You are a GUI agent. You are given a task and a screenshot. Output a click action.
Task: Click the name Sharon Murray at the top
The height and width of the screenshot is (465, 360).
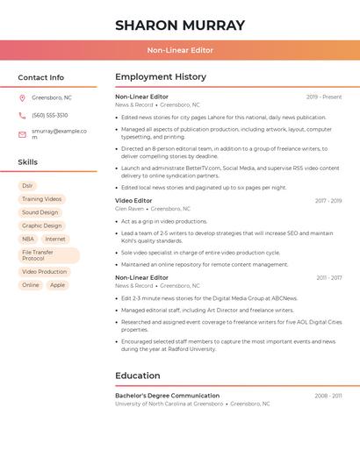[180, 25]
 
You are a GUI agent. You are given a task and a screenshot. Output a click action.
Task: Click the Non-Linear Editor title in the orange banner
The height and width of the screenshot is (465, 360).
[180, 50]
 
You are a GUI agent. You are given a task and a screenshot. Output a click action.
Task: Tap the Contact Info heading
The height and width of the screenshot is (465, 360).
[41, 77]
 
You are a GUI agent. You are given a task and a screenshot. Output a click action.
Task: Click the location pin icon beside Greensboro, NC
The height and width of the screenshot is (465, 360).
[22, 97]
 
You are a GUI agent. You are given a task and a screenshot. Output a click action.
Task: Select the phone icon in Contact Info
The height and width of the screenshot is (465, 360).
[22, 115]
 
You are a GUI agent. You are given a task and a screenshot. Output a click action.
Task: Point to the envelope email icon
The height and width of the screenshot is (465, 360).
[22, 134]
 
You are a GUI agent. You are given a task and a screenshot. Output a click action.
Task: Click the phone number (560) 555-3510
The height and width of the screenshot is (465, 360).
[50, 115]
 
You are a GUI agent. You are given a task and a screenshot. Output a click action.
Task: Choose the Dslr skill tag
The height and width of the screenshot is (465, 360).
[27, 186]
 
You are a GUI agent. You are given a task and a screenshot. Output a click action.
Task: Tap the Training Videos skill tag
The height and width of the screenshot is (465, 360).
[41, 199]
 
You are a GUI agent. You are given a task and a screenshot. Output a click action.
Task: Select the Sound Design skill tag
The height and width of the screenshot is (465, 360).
[40, 212]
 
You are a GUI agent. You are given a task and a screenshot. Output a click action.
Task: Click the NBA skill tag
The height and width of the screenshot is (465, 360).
[28, 239]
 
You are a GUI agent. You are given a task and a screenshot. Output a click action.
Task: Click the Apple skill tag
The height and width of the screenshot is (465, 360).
[57, 285]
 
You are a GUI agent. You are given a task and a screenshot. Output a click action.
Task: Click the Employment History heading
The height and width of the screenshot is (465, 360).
[161, 77]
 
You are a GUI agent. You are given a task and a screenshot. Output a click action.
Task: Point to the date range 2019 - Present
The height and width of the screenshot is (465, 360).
[324, 97]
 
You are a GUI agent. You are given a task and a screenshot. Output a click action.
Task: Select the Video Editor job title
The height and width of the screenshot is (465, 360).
[133, 201]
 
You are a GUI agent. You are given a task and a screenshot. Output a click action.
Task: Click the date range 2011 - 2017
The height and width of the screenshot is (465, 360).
[329, 277]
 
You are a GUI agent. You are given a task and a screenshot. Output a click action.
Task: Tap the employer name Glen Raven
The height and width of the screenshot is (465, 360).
[129, 209]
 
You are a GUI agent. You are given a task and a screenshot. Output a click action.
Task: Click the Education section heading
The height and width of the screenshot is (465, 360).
[137, 376]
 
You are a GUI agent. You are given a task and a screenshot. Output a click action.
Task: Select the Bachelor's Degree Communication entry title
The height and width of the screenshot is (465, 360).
[167, 396]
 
